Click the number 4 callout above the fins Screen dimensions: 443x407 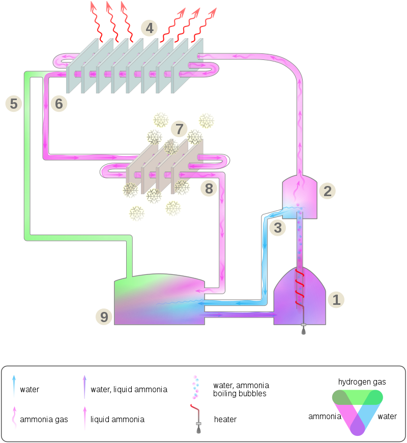[149, 28]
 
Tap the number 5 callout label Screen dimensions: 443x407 [14, 104]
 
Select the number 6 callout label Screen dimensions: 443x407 [59, 104]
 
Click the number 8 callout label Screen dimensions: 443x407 [209, 189]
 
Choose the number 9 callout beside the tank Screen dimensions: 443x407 [104, 318]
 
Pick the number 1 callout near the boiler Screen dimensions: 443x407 [336, 300]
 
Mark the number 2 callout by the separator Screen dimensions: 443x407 [328, 191]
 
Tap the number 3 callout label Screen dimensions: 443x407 [277, 228]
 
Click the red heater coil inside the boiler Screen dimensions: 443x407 [300, 287]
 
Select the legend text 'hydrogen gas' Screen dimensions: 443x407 [362, 382]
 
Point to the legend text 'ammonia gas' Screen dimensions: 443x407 [44, 420]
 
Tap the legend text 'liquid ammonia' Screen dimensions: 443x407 [118, 420]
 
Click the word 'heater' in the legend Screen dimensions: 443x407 [225, 420]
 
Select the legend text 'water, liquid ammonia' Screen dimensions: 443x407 [129, 390]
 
